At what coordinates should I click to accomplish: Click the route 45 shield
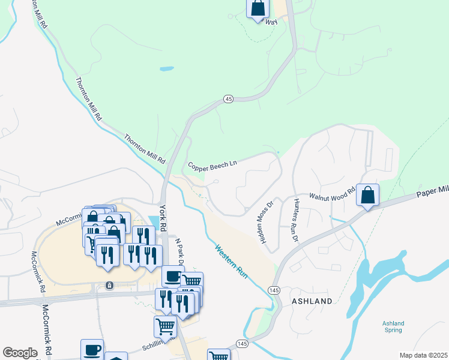point(228,98)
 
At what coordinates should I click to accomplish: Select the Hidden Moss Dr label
point(265,218)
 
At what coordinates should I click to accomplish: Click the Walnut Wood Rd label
point(332,196)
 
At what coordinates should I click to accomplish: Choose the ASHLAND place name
point(312,301)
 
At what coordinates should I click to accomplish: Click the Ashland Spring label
point(393,326)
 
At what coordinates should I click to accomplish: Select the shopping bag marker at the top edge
point(258,8)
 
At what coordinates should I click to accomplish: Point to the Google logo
point(20,353)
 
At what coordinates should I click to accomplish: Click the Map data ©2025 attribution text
point(423,355)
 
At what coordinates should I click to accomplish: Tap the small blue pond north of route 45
point(167,69)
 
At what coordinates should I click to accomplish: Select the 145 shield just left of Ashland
point(274,290)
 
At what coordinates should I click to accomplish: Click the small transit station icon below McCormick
point(109,284)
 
